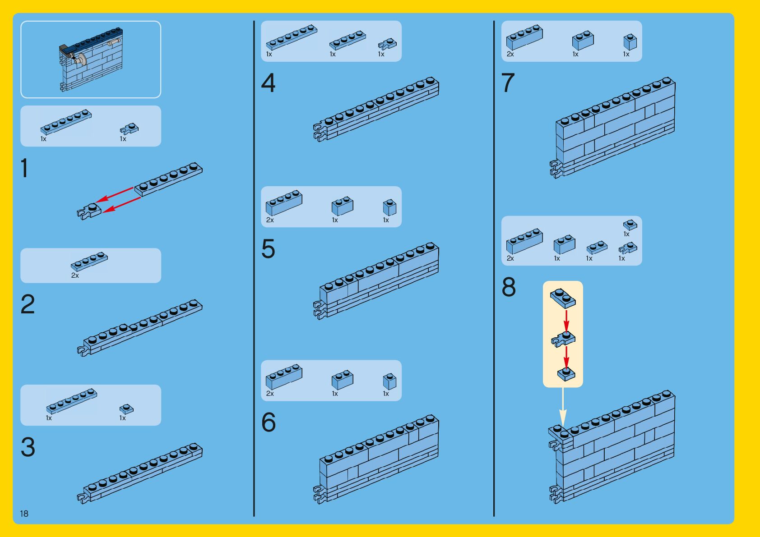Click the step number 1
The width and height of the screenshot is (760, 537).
25,168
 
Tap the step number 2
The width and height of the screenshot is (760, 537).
28,304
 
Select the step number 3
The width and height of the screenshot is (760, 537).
28,447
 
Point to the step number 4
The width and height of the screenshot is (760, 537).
268,83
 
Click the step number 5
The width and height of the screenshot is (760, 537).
268,249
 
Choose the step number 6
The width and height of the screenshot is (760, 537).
268,422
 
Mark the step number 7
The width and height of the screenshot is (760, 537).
508,83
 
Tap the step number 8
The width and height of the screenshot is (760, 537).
509,287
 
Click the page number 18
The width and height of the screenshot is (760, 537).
24,514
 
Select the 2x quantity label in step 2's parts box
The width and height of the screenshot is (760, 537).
75,275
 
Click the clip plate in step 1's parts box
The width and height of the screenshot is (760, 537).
130,129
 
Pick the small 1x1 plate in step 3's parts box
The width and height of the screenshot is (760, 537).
126,409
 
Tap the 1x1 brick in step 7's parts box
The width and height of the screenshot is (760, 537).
630,41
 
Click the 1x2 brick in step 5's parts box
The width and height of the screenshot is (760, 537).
343,206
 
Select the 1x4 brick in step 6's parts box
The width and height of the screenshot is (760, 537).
284,377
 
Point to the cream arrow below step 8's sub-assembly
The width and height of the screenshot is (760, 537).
563,406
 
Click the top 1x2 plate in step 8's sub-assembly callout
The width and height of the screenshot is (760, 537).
563,298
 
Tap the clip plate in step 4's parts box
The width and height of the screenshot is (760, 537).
387,44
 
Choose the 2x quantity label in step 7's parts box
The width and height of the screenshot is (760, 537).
510,54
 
